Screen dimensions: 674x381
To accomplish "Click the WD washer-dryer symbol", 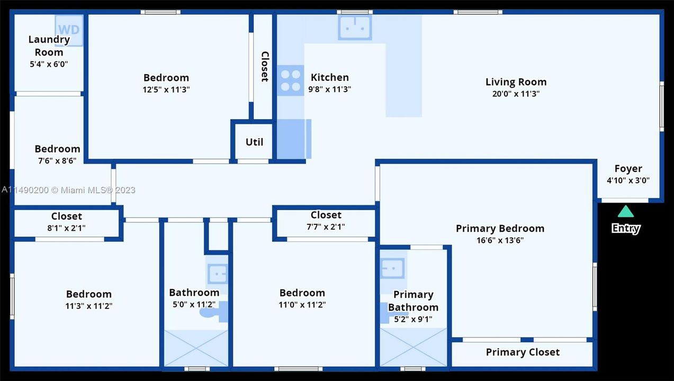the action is (x=69, y=30).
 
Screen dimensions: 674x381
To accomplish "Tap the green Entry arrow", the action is (x=626, y=211).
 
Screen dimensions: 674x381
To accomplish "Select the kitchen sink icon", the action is (x=355, y=28).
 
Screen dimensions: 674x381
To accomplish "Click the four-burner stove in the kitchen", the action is (x=290, y=80).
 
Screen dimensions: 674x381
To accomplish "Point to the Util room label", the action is (x=254, y=142).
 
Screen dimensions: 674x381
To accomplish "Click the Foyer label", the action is (x=628, y=169).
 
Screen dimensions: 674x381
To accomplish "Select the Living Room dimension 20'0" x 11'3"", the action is (x=516, y=94).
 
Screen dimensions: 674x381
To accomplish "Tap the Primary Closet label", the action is (x=523, y=352).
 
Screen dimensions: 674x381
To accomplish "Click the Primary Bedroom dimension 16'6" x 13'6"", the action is (x=500, y=240).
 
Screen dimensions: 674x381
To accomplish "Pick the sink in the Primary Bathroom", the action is (x=392, y=268).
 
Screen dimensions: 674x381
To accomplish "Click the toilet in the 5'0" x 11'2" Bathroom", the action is (x=214, y=312).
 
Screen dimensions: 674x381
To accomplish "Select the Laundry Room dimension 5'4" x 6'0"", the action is (x=49, y=64).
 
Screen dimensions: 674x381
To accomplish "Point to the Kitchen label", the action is (x=330, y=77).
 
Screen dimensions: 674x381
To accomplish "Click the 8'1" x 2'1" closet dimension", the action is (x=66, y=228).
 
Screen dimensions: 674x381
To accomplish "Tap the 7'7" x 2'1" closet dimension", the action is (x=326, y=226).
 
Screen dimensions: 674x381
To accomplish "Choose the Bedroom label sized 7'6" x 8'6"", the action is (x=58, y=149).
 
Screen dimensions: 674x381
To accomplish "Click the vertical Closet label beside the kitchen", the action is (x=265, y=67).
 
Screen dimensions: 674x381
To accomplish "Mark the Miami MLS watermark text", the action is (x=68, y=190).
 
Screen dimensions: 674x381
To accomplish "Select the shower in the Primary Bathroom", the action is (x=414, y=347).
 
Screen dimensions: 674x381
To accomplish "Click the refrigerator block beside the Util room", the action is (x=294, y=139).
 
